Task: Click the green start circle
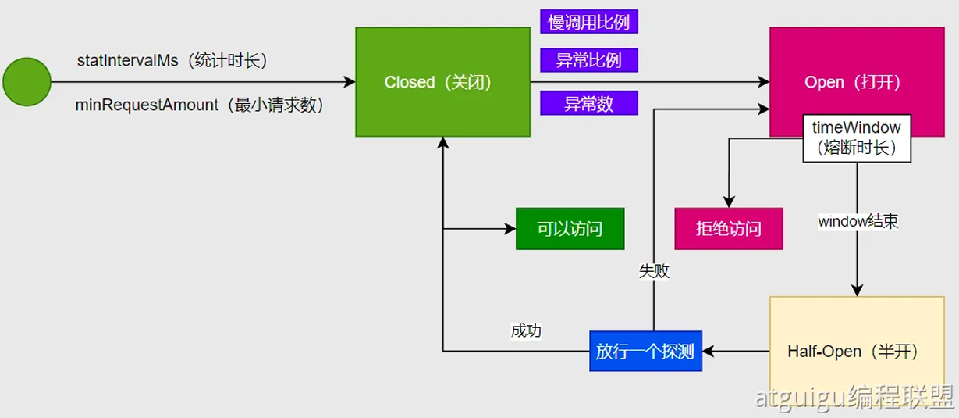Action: pyautogui.click(x=27, y=82)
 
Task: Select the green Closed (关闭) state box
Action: pyautogui.click(x=442, y=82)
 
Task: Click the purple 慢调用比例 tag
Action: pyautogui.click(x=588, y=22)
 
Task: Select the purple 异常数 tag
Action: pyautogui.click(x=588, y=104)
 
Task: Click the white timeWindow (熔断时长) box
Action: pyautogui.click(x=857, y=138)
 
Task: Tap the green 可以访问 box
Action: pyautogui.click(x=570, y=229)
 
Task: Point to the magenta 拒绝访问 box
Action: pyautogui.click(x=728, y=229)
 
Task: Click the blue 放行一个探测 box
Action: pyautogui.click(x=645, y=352)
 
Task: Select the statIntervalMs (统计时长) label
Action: pyautogui.click(x=177, y=61)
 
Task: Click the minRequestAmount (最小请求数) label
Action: pyautogui.click(x=199, y=105)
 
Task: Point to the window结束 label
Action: pyautogui.click(x=858, y=222)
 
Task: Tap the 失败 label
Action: pyautogui.click(x=654, y=272)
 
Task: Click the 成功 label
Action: pyautogui.click(x=526, y=330)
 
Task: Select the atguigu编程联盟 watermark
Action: pyautogui.click(x=854, y=398)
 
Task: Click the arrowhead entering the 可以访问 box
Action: pyautogui.click(x=511, y=229)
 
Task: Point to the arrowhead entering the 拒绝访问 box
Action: pyautogui.click(x=728, y=202)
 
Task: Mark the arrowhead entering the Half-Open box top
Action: pyautogui.click(x=857, y=291)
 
